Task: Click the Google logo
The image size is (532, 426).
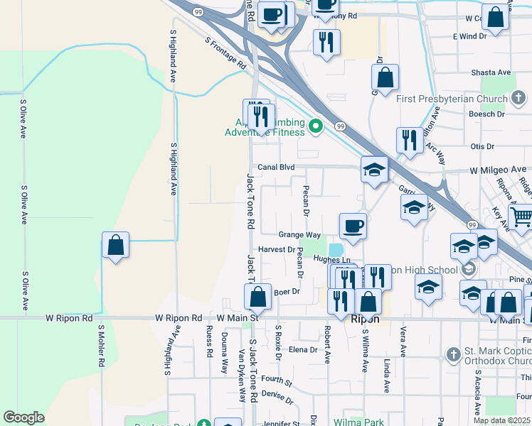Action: click(23, 417)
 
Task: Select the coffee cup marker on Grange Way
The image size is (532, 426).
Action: click(353, 226)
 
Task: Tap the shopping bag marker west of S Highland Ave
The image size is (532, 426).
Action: click(115, 246)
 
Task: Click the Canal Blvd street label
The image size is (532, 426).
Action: click(276, 168)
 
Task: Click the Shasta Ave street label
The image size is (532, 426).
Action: click(491, 73)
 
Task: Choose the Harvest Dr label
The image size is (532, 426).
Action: click(277, 250)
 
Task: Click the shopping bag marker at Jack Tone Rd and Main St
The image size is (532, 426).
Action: click(258, 296)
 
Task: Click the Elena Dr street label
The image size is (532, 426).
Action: click(302, 350)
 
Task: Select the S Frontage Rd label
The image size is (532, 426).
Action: click(225, 53)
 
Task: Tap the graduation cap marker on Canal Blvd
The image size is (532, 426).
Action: click(374, 170)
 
